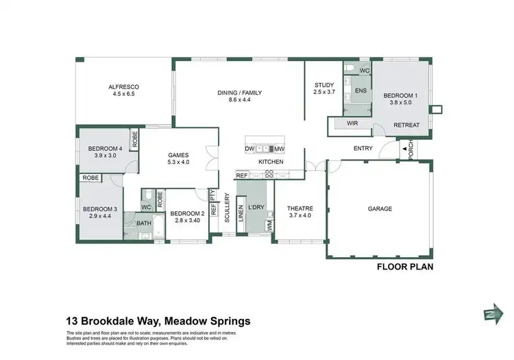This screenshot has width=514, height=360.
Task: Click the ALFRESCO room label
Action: coord(123,87)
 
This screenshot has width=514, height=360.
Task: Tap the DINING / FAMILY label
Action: coord(240,93)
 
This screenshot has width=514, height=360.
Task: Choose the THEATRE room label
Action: coord(299,209)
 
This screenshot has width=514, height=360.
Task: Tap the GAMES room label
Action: coord(178,155)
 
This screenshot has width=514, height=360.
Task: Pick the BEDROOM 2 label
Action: coord(187,213)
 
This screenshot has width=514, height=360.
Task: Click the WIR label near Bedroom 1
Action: coord(353,123)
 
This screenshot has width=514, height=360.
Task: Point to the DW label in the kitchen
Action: coord(249,149)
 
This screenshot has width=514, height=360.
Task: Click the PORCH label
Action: coord(411,149)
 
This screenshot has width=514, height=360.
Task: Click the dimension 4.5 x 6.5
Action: coord(123,95)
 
